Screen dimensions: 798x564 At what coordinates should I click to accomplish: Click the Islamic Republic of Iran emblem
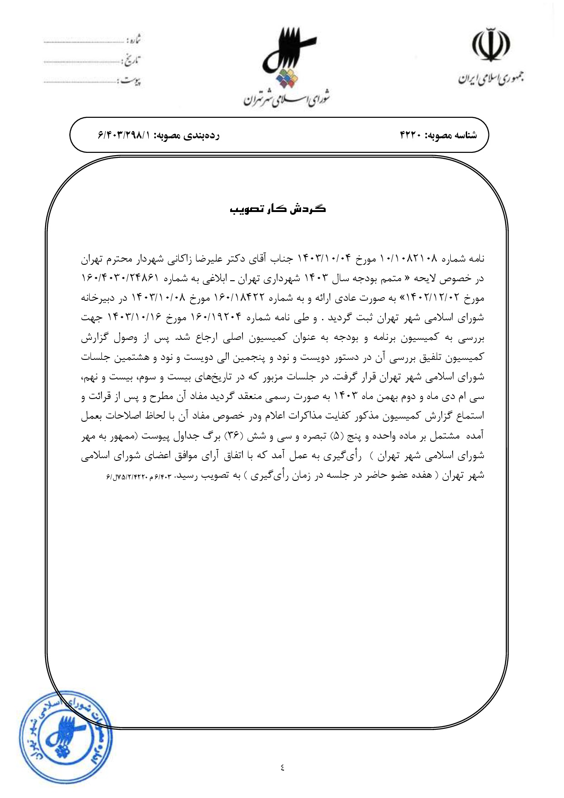pos(490,45)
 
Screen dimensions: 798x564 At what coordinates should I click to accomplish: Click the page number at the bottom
pos(282,768)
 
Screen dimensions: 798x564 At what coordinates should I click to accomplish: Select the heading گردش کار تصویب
pos(278,209)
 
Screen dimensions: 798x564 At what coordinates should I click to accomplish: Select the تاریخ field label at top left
pos(133,60)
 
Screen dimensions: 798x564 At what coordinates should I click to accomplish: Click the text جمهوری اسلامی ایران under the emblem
pos(490,78)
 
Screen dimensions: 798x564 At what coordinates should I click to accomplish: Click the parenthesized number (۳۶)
pos(232,436)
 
